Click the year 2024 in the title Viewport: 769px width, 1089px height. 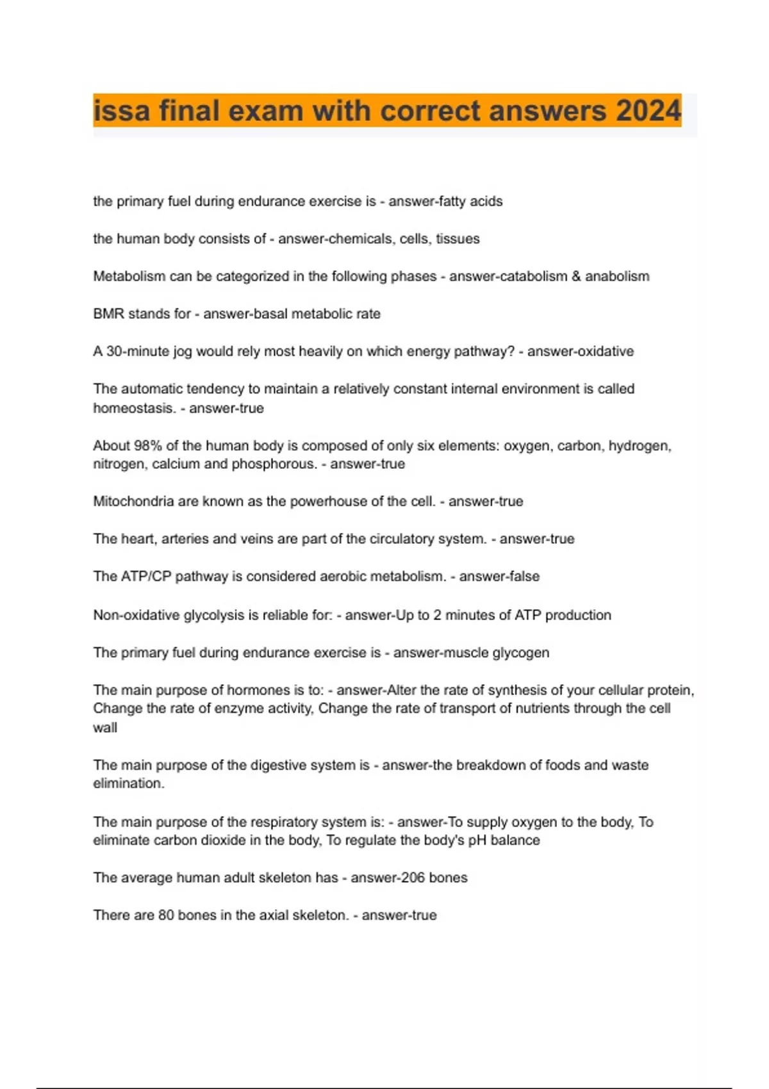(x=649, y=111)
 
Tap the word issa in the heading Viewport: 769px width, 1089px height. (x=122, y=111)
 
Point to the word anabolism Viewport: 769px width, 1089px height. (x=617, y=276)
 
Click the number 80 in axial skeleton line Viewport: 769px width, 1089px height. (x=166, y=915)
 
